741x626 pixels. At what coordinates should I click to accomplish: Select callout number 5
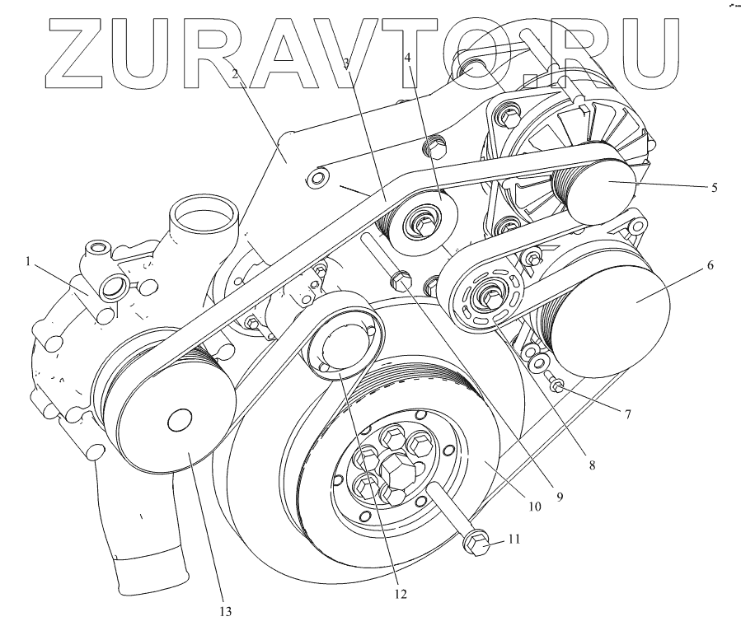(714, 188)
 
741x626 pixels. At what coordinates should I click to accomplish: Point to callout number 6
(709, 266)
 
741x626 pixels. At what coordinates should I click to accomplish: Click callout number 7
(627, 414)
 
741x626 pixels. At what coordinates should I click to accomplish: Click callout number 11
(514, 540)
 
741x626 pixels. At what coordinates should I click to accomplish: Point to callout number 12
(401, 591)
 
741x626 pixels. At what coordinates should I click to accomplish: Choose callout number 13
(225, 611)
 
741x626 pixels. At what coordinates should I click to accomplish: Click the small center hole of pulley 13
(178, 422)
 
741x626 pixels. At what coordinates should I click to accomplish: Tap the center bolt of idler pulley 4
(423, 221)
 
